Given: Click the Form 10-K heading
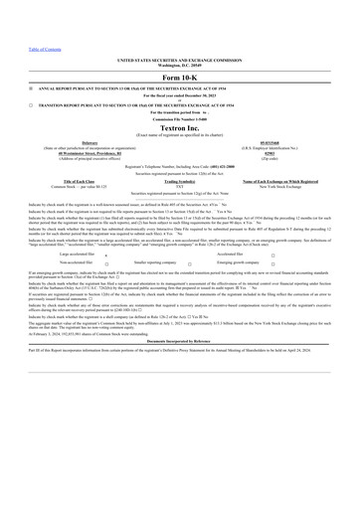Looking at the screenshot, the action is [179, 77].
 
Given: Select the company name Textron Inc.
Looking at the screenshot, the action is [179, 126].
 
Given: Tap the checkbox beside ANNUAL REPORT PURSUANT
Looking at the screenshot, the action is [31, 87].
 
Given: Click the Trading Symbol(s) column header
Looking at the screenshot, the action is [179, 181].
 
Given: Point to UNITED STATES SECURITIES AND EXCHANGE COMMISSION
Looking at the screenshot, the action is [179, 60].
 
